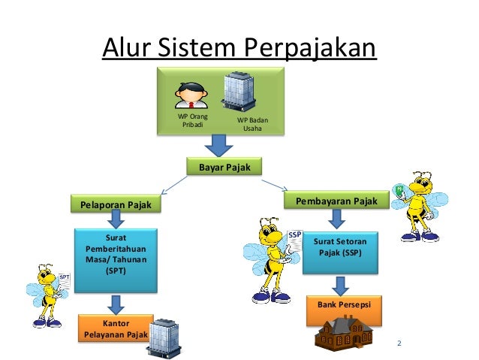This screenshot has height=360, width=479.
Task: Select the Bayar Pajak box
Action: click(224, 165)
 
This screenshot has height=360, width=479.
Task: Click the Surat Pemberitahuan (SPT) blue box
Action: click(116, 259)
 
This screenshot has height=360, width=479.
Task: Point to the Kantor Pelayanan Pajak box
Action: click(115, 328)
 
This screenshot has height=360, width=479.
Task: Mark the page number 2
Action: click(399, 344)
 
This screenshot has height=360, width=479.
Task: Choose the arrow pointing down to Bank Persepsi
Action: click(339, 286)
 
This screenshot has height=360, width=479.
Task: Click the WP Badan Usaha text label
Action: click(252, 124)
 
